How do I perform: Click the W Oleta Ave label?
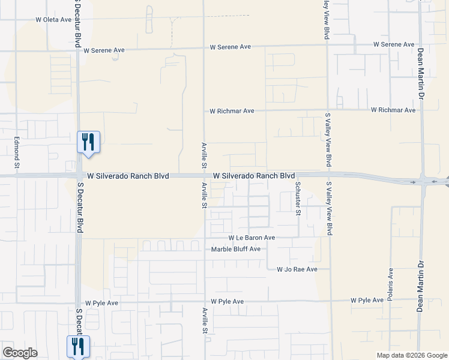[x=53, y=20]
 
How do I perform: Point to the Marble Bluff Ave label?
[x=236, y=249]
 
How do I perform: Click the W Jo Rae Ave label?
[x=297, y=270]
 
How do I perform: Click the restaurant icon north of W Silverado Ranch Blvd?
[x=89, y=143]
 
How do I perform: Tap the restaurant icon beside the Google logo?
[x=78, y=346]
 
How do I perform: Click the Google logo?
[x=20, y=353]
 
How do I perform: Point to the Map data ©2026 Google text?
[x=412, y=355]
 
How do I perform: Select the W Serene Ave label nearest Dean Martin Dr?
[x=393, y=44]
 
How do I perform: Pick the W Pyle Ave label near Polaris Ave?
[x=367, y=300]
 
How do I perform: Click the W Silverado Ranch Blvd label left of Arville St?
[x=128, y=176]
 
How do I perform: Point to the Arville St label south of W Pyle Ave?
[x=205, y=321]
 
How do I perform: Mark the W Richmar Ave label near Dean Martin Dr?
[x=393, y=110]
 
